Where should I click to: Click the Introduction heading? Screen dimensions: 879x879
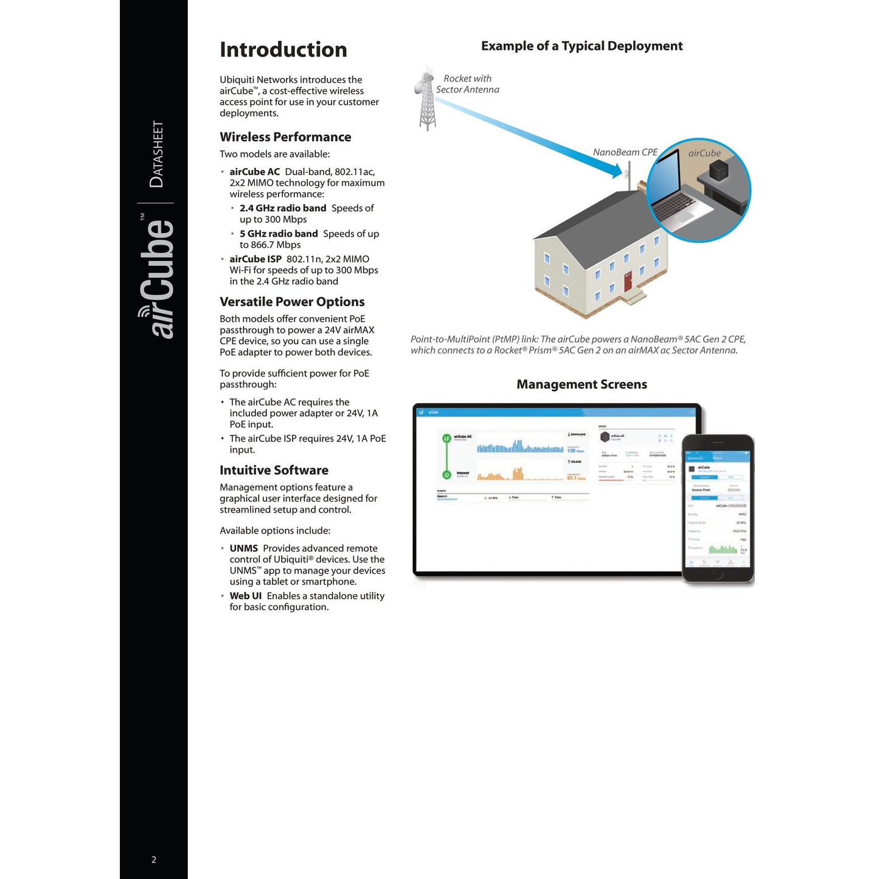coord(283,50)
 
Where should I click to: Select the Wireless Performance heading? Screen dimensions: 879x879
coord(285,137)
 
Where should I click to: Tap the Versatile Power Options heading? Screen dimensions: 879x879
coord(292,302)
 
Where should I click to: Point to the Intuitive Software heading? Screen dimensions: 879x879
coord(274,470)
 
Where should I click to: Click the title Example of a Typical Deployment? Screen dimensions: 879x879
coord(582,46)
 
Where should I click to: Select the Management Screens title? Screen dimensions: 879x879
coord(582,384)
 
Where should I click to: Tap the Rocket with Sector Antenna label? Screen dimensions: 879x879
coord(467,84)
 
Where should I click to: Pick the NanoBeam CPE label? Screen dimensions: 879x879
coord(625,152)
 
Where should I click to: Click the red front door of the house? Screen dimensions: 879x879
coord(628,282)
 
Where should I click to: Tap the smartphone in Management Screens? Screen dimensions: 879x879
coord(718,509)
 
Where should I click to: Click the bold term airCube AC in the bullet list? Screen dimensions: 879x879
coord(254,172)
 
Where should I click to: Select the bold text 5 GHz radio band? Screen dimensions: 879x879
coord(279,234)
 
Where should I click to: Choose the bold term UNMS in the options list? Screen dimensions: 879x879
coord(243,549)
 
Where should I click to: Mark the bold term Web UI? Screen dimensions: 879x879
coord(245,596)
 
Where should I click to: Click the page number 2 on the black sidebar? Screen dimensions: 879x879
coord(154,860)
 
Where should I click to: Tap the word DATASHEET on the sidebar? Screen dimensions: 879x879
coord(157,154)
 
